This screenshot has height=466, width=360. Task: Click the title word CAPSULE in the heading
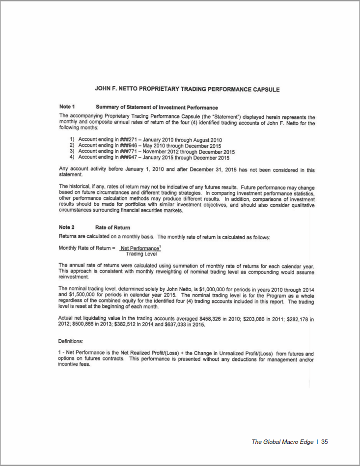[x=263, y=89]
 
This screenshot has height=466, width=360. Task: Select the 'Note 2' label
[x=67, y=227]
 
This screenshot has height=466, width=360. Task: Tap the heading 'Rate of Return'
[x=112, y=227]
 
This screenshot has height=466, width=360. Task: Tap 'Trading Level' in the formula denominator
[x=141, y=254]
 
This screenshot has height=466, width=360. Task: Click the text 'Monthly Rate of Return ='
[x=86, y=248]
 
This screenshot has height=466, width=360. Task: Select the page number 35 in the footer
[x=325, y=442]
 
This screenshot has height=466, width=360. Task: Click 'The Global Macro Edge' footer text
[x=282, y=442]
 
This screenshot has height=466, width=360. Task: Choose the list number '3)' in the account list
[x=73, y=152]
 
